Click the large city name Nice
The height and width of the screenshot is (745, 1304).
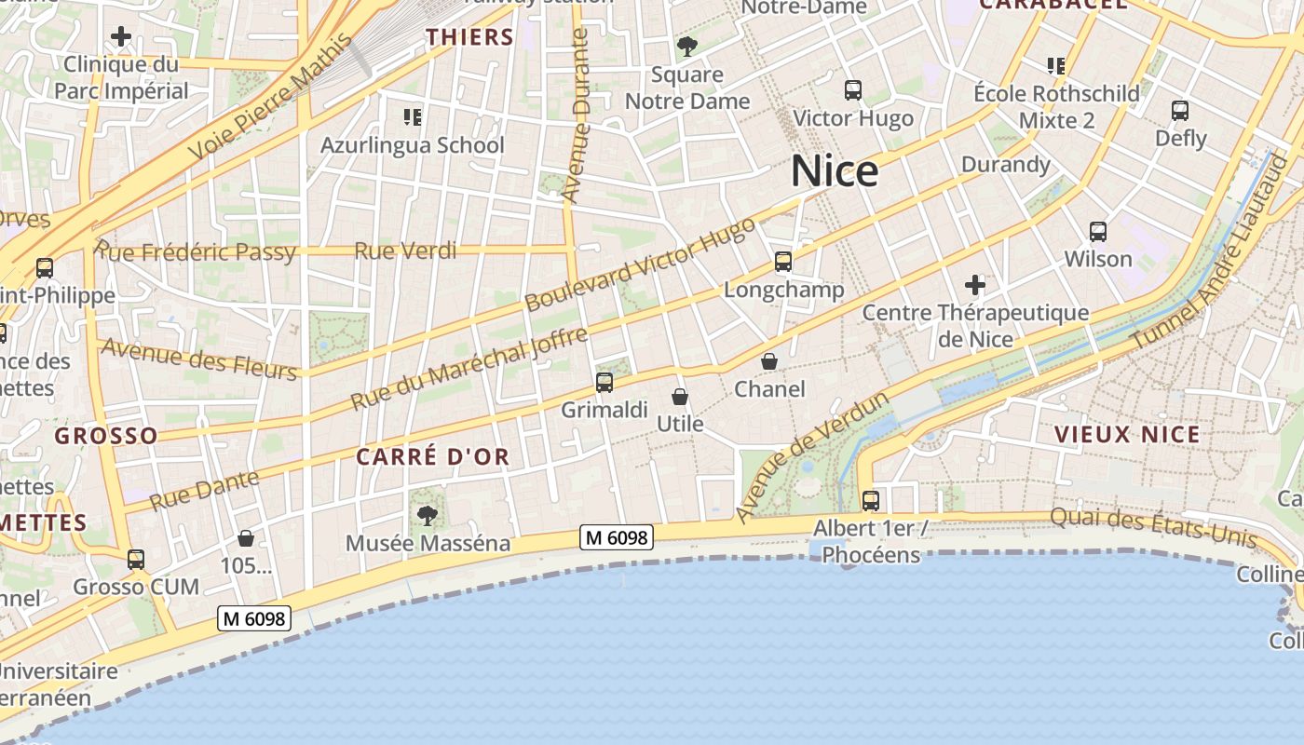click(834, 171)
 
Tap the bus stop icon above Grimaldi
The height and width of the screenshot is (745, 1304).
click(604, 382)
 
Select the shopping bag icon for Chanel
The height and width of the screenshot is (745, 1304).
click(769, 360)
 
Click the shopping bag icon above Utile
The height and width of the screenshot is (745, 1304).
click(680, 397)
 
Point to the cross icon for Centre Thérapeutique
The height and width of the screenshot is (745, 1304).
click(975, 284)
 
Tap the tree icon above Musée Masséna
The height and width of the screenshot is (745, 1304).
click(428, 515)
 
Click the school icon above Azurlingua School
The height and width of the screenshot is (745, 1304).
click(412, 116)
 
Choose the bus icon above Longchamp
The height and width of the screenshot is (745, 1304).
click(783, 262)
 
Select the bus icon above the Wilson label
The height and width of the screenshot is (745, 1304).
click(1098, 231)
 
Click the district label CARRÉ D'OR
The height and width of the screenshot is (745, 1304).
click(433, 456)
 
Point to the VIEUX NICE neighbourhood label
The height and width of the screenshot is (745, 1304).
click(1127, 434)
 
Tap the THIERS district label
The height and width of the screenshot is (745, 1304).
click(470, 37)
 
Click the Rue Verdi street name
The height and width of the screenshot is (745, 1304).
click(405, 251)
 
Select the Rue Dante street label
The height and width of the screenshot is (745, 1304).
click(204, 490)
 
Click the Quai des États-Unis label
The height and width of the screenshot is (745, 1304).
click(1153, 527)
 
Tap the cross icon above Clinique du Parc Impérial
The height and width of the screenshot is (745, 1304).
click(121, 37)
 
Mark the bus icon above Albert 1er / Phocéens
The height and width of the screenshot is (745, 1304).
click(870, 500)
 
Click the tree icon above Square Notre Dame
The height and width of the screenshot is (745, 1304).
click(687, 46)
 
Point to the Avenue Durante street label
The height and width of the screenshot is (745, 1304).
click(577, 115)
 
